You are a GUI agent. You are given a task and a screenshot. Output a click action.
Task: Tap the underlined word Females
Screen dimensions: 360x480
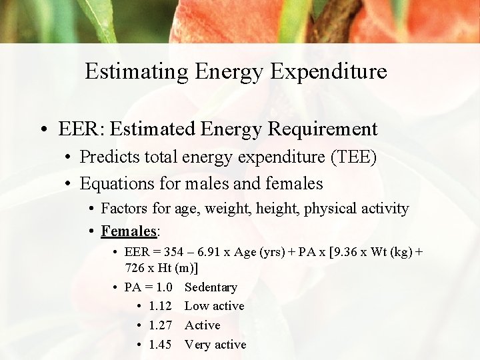(x=129, y=231)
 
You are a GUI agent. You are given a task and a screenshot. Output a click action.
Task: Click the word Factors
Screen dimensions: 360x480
(x=125, y=209)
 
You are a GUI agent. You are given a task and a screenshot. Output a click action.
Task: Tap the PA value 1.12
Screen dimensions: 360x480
(x=161, y=306)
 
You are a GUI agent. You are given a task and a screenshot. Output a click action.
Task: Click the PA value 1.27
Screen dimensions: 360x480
(x=161, y=325)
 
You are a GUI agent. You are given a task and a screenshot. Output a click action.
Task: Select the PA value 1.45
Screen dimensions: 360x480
(x=161, y=345)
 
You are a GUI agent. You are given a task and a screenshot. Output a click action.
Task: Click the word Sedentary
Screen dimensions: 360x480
(x=211, y=287)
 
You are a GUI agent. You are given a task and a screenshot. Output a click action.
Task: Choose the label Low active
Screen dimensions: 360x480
(x=214, y=306)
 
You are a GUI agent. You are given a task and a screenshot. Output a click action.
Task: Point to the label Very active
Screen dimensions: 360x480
(x=215, y=345)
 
